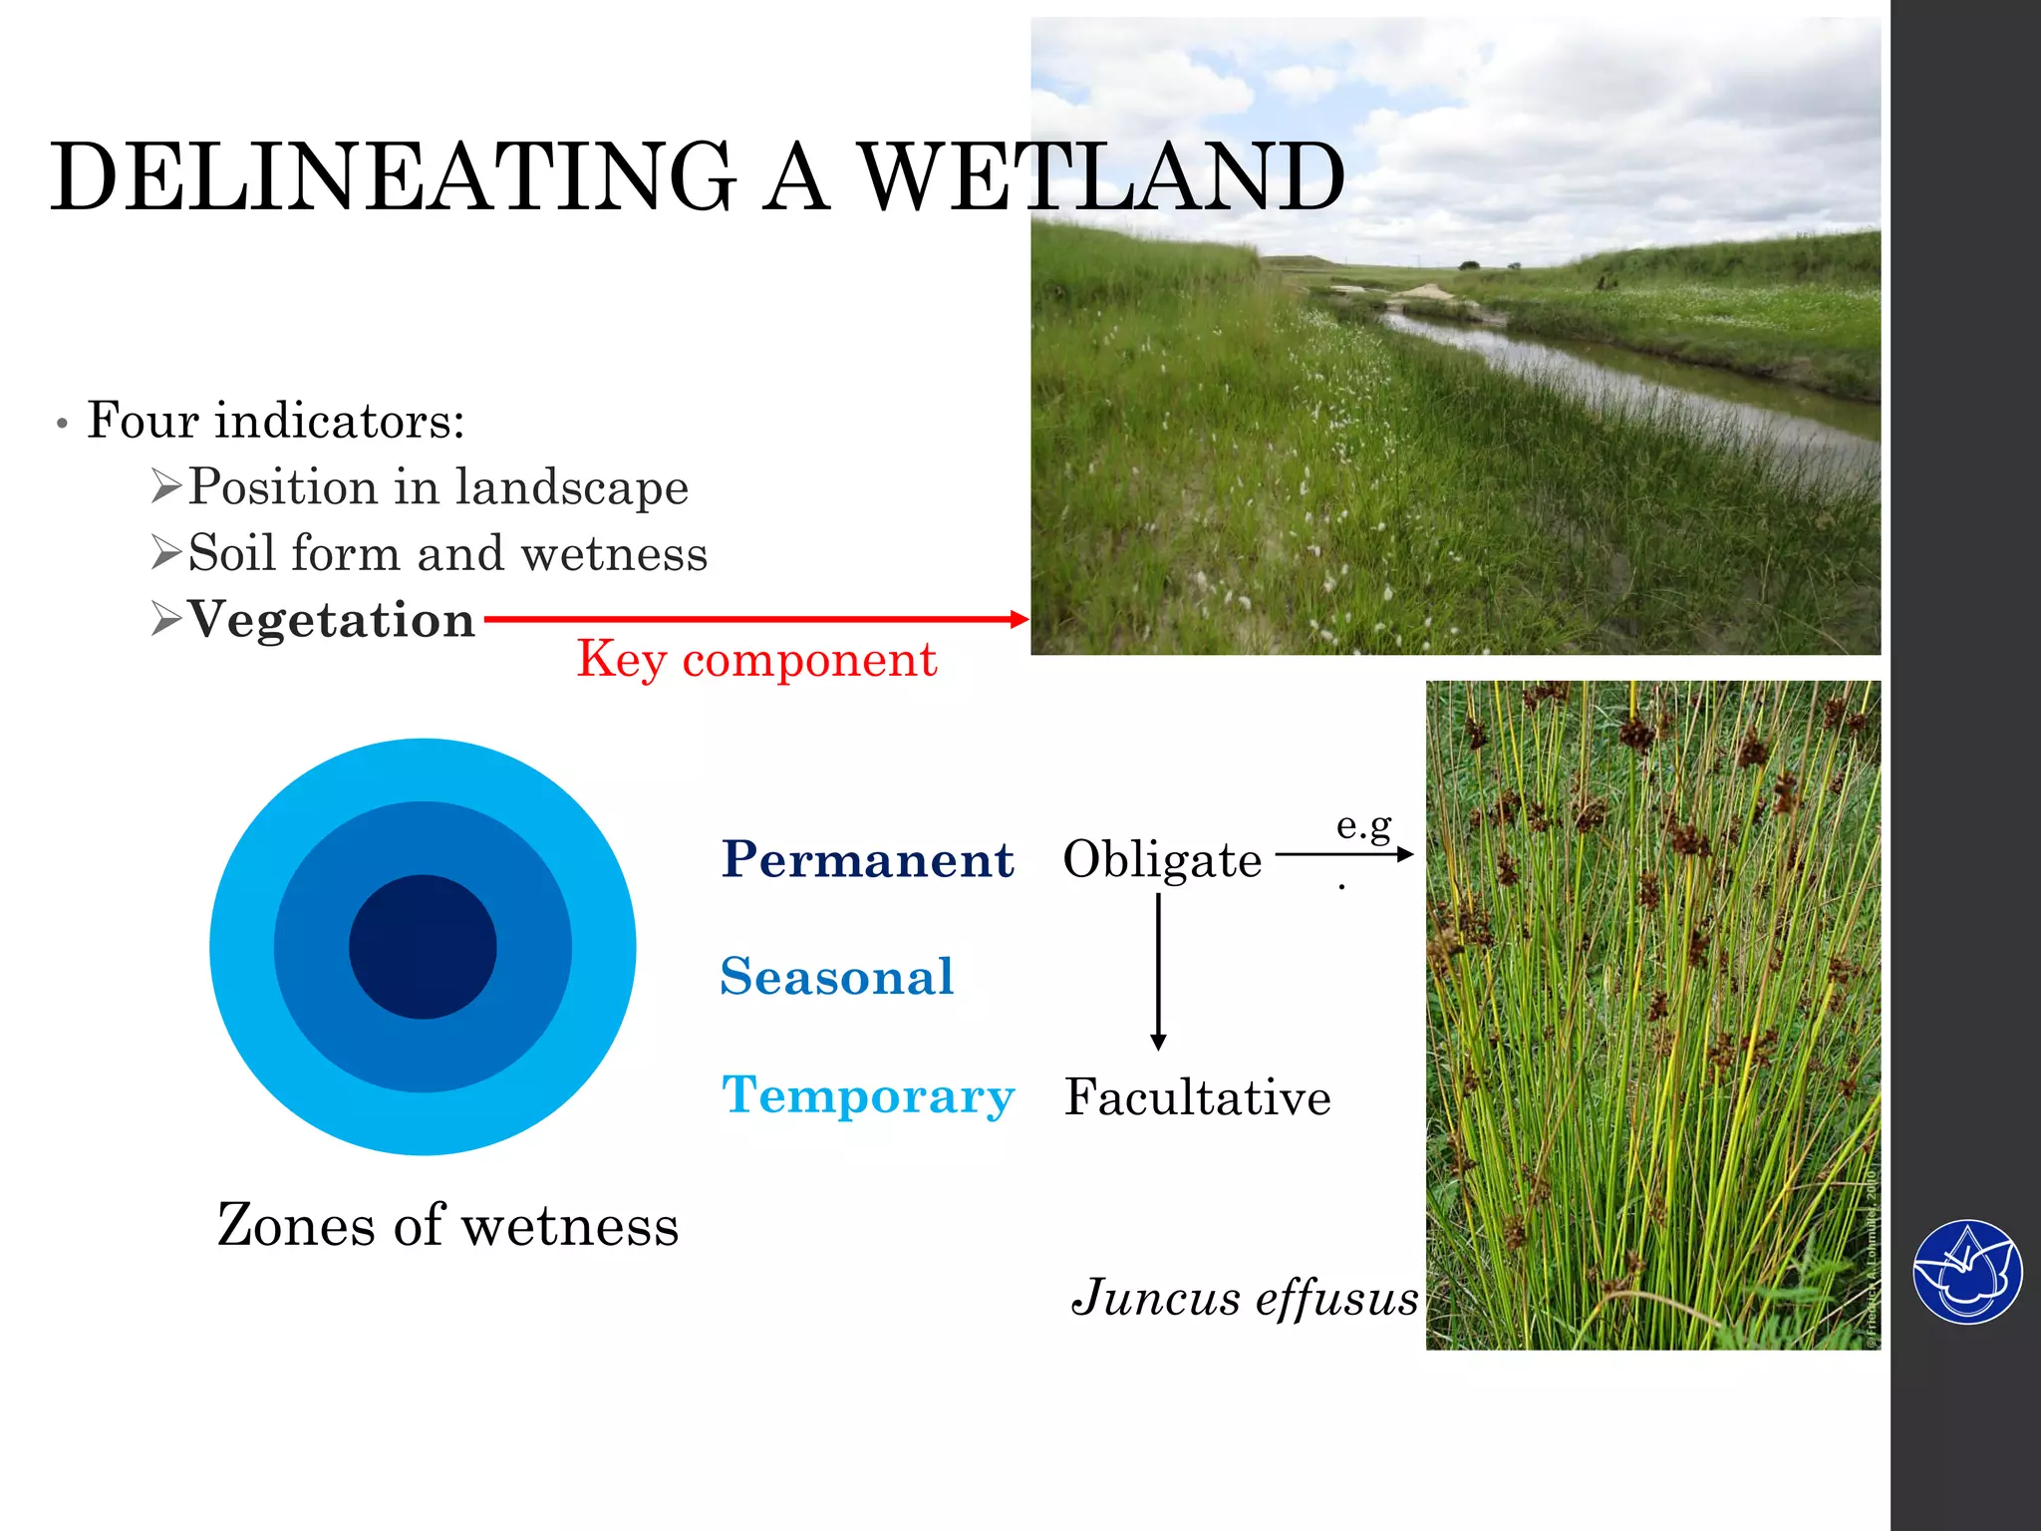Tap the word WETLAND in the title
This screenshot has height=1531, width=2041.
point(1101,177)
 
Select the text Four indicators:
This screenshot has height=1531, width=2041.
point(276,421)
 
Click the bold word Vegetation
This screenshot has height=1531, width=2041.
point(331,620)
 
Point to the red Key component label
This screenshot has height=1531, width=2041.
point(756,659)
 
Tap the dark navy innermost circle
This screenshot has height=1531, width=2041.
point(423,947)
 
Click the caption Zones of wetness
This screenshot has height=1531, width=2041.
point(447,1225)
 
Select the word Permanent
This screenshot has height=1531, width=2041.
point(867,859)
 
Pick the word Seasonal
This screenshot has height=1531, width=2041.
point(837,977)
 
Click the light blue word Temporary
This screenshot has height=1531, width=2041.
point(867,1095)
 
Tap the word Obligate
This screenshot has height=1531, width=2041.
point(1162,859)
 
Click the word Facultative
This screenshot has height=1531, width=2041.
point(1197,1097)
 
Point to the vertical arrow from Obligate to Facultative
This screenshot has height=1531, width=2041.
point(1158,972)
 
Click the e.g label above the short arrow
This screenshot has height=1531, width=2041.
point(1363,825)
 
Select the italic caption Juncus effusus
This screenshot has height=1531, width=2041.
point(1244,1299)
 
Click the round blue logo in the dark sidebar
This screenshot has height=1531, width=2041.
point(1967,1272)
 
